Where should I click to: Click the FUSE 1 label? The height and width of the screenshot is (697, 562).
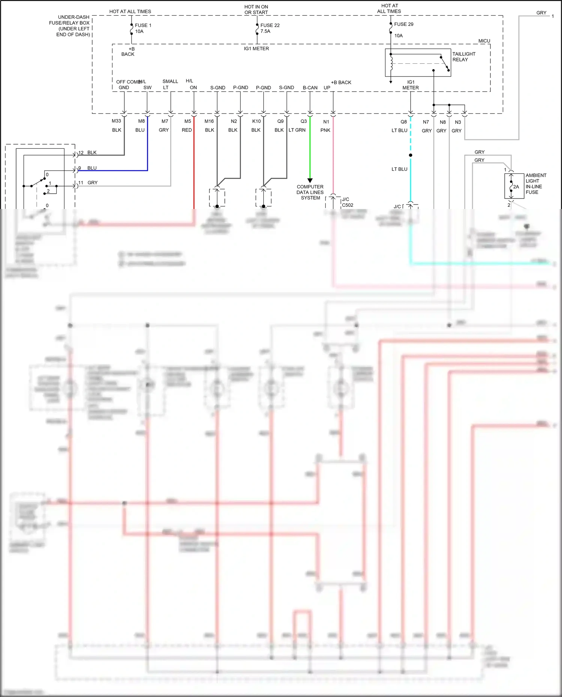143,25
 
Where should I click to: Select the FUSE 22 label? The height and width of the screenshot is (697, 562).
270,25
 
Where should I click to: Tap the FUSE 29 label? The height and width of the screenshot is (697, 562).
404,24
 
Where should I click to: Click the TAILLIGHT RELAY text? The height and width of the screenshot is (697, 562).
463,57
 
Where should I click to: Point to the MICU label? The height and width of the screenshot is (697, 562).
484,41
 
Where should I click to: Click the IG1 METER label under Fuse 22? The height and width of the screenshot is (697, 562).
256,49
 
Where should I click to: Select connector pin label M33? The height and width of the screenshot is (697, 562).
116,121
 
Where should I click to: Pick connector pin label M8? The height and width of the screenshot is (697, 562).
141,121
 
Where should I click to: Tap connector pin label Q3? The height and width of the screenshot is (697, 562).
303,121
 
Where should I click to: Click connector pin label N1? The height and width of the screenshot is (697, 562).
326,122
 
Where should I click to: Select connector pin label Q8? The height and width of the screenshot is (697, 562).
404,122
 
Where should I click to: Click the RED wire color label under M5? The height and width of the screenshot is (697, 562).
187,130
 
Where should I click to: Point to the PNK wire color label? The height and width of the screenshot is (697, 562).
325,130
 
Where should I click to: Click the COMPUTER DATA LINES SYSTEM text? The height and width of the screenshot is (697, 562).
310,192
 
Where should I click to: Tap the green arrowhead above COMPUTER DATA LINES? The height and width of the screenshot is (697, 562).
310,181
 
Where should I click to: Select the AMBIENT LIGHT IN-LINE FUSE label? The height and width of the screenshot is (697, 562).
535,184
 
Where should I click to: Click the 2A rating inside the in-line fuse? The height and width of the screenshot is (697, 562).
516,187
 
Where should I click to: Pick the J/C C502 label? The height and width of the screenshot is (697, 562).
347,202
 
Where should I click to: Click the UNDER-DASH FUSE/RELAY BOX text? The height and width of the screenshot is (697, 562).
73,25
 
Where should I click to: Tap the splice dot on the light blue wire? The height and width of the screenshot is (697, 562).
411,155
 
